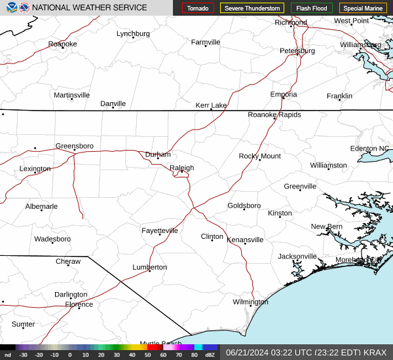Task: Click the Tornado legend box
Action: pyautogui.click(x=198, y=8)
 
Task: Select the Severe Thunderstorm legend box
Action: pyautogui.click(x=252, y=8)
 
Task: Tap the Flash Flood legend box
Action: pyautogui.click(x=312, y=8)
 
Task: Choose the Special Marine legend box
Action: pyautogui.click(x=363, y=8)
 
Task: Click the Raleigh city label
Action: pyautogui.click(x=181, y=168)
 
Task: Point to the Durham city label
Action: pyautogui.click(x=158, y=154)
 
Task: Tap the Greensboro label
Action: pyautogui.click(x=74, y=145)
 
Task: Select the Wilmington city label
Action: pyautogui.click(x=250, y=302)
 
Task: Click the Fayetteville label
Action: pyautogui.click(x=160, y=230)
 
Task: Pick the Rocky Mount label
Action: pyautogui.click(x=259, y=156)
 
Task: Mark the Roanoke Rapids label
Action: pyautogui.click(x=274, y=115)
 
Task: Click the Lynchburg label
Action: pyautogui.click(x=133, y=33)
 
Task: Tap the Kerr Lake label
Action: pyautogui.click(x=211, y=105)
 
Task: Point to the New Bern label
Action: pyautogui.click(x=326, y=226)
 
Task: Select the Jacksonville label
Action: pyautogui.click(x=297, y=256)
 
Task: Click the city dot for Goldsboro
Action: pyautogui.click(x=244, y=209)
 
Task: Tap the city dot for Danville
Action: pyautogui.click(x=113, y=107)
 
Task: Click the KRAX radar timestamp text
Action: pyautogui.click(x=306, y=352)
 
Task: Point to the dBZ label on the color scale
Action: pyautogui.click(x=210, y=355)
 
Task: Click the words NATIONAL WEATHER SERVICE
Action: pyautogui.click(x=89, y=7)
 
